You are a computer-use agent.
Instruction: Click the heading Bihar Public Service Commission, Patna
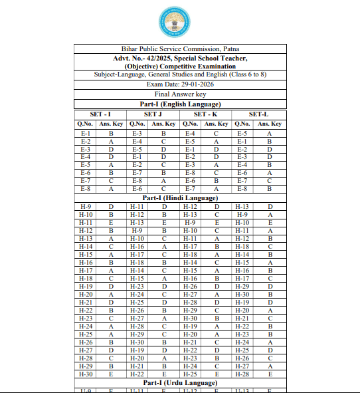[x=180, y=49]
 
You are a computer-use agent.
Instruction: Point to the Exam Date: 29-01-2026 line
[x=180, y=84]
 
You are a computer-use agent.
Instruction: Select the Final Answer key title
[x=180, y=94]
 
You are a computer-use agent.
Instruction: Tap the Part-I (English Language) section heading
[x=180, y=104]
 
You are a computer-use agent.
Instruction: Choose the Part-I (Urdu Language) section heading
[x=180, y=384]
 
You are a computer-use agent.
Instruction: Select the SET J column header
[x=153, y=114]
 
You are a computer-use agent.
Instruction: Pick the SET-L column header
[x=258, y=114]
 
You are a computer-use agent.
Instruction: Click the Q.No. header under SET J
[x=137, y=124]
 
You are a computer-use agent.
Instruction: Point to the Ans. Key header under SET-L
[x=270, y=124]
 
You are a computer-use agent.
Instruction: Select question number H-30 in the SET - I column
[x=86, y=374]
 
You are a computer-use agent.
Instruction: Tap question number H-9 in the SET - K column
[x=190, y=222]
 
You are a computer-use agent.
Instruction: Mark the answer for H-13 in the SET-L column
[x=270, y=207]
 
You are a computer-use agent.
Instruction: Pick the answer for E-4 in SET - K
[x=217, y=134]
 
